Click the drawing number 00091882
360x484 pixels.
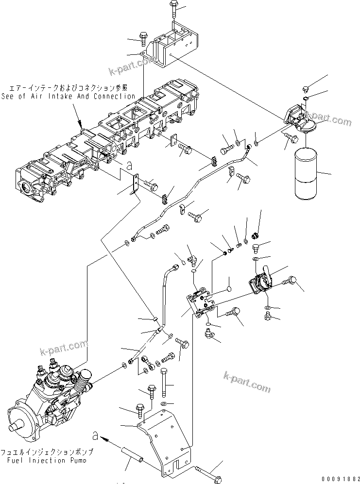[x=334, y=478]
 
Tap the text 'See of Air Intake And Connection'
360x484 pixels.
[x=68, y=96]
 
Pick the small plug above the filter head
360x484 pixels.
[x=307, y=89]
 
